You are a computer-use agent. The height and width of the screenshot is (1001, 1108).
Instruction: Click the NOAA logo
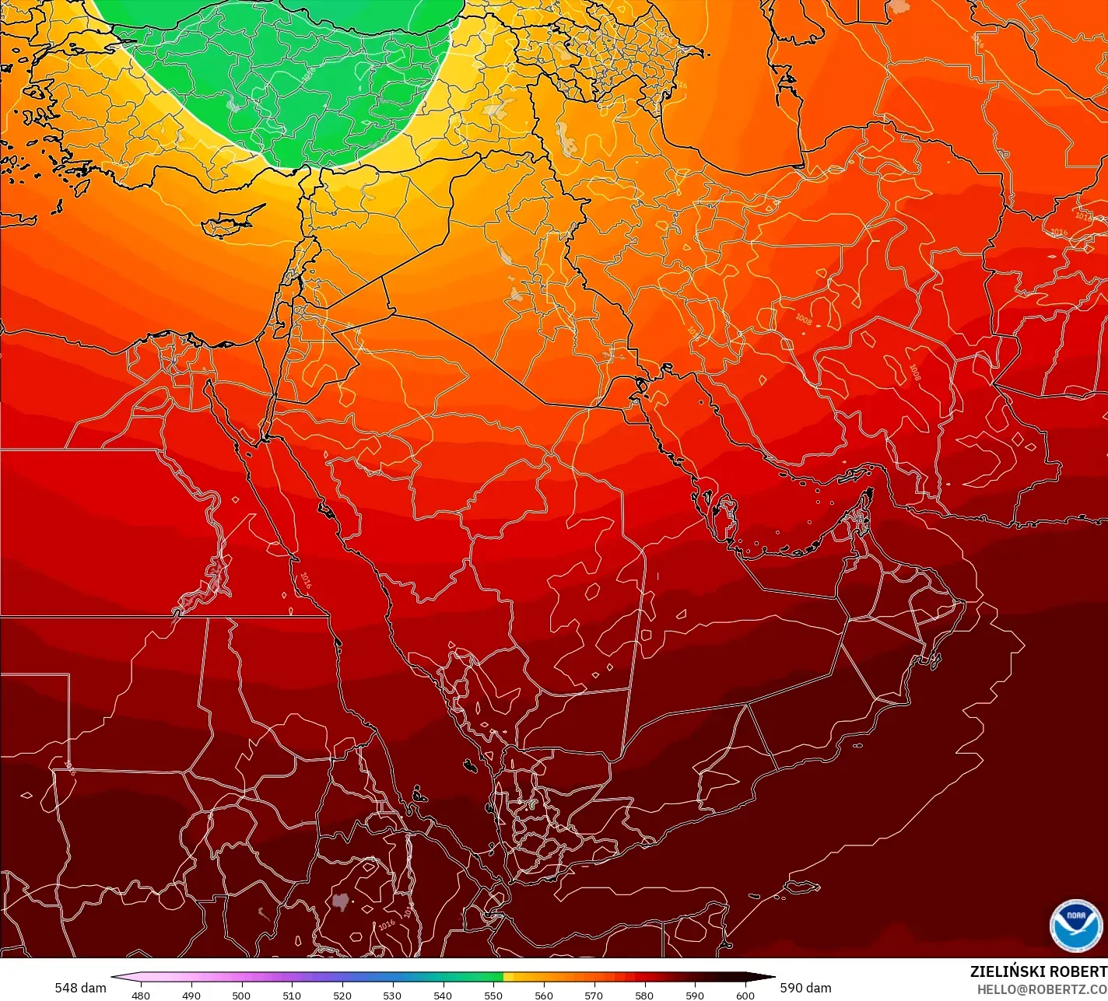[1075, 925]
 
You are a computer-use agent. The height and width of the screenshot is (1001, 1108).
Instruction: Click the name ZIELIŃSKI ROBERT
[1038, 971]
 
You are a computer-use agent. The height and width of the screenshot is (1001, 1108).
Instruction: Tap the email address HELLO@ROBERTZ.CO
[1042, 989]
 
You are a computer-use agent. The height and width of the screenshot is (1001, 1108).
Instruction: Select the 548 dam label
[80, 988]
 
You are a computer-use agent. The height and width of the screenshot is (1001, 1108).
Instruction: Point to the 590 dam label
[805, 988]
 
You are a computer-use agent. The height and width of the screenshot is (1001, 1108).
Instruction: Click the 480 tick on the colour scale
[141, 995]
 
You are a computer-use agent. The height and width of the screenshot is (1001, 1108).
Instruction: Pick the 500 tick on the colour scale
[241, 995]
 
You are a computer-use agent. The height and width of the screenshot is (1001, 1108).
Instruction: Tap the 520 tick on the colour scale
[342, 995]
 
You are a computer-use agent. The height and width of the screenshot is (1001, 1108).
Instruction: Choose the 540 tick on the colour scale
[443, 995]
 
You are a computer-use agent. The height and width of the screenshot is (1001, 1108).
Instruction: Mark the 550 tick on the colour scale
[493, 995]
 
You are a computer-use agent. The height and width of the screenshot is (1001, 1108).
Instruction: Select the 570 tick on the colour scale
[594, 995]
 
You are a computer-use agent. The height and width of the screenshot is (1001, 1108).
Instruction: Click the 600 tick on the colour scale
[745, 995]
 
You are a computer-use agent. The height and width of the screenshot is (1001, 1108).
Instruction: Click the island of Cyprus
[232, 221]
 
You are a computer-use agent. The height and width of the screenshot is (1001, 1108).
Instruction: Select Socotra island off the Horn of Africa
[802, 886]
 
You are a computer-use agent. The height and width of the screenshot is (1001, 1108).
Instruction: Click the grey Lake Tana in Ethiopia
[340, 901]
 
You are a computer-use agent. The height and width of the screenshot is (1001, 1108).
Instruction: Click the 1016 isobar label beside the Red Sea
[305, 579]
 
